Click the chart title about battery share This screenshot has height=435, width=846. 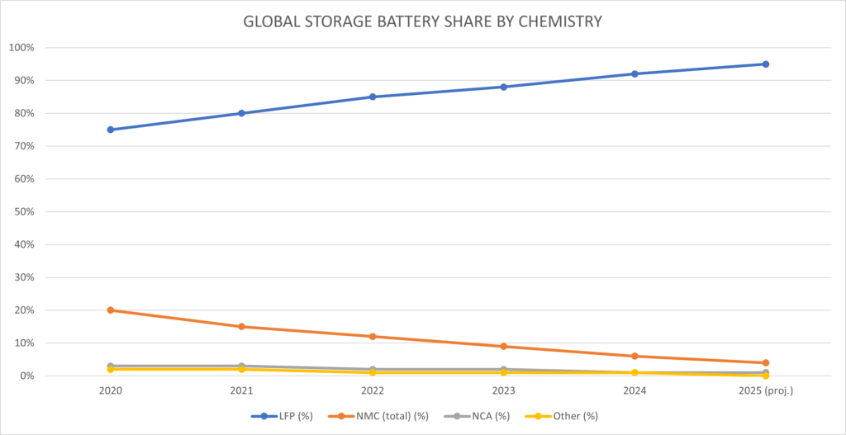point(422,22)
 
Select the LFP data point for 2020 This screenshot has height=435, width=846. point(111,130)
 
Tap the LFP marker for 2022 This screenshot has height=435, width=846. point(373,97)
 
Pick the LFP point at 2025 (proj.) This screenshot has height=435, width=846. point(766,64)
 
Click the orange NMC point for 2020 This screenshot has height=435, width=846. point(111,310)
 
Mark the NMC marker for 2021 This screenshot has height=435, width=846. point(241,327)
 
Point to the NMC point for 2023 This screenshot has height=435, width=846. point(504,347)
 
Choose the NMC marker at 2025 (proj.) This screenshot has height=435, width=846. point(766,363)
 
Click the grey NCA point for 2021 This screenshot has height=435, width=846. point(241,366)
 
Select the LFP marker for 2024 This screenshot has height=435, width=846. point(634,73)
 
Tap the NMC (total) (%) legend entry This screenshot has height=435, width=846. point(381,416)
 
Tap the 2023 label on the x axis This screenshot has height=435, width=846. point(504,390)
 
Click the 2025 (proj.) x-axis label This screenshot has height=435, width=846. point(766,390)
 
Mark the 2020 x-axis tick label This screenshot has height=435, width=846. point(111,390)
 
